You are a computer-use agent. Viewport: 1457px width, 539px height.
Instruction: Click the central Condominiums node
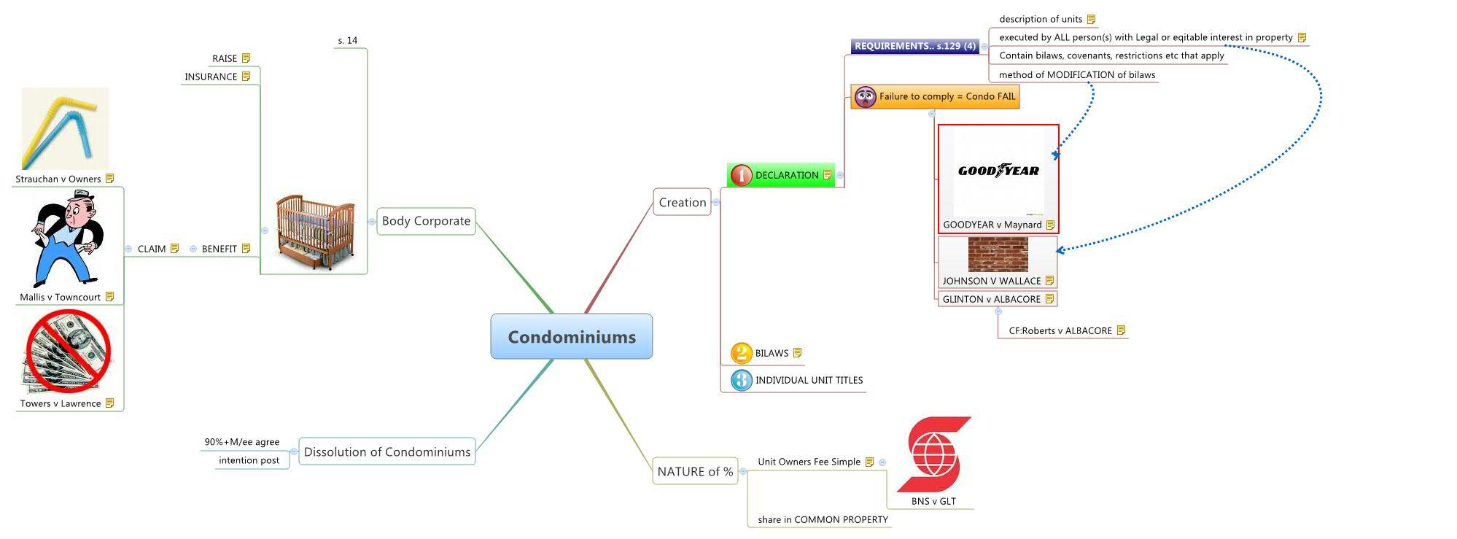[x=571, y=336]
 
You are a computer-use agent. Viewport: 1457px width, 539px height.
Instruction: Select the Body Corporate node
[x=426, y=221]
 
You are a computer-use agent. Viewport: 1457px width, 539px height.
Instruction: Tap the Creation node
[x=682, y=203]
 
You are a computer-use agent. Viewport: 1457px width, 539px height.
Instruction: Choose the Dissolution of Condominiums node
[x=386, y=452]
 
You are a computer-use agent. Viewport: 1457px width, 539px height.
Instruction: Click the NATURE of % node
[x=695, y=472]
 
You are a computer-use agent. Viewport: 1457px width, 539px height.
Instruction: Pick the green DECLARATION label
[x=786, y=175]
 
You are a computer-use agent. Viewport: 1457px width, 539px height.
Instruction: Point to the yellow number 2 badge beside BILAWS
[x=741, y=353]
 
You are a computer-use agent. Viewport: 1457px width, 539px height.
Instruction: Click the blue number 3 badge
[x=741, y=380]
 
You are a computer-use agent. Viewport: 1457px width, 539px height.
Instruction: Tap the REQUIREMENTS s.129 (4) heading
[x=914, y=46]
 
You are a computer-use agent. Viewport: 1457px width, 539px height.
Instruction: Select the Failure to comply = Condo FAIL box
[x=946, y=96]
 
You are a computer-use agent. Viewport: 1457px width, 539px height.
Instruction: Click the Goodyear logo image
[x=998, y=171]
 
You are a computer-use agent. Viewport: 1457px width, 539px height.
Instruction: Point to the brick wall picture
[x=998, y=255]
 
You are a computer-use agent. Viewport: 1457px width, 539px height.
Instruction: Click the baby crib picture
[x=315, y=228]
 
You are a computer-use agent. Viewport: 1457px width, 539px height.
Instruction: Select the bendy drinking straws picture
[x=64, y=129]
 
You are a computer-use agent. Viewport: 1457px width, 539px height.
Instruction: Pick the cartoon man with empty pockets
[x=66, y=239]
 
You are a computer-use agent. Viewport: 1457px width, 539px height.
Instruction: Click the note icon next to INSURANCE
[x=246, y=77]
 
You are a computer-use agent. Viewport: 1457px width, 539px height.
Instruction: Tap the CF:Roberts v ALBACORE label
[x=1060, y=331]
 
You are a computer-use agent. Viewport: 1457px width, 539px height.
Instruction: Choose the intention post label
[x=249, y=460]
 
